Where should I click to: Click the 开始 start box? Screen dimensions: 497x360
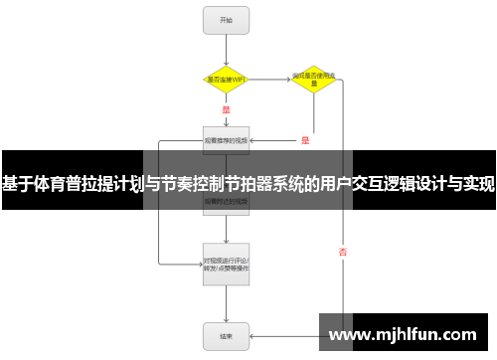(x=227, y=19)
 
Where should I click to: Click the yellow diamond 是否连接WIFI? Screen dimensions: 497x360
(x=227, y=79)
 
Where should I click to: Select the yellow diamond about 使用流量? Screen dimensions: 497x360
(x=313, y=80)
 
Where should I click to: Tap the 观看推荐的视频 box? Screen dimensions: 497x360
(x=227, y=141)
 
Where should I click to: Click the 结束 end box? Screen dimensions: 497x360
(x=227, y=335)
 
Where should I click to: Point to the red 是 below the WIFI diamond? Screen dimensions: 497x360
(x=226, y=109)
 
